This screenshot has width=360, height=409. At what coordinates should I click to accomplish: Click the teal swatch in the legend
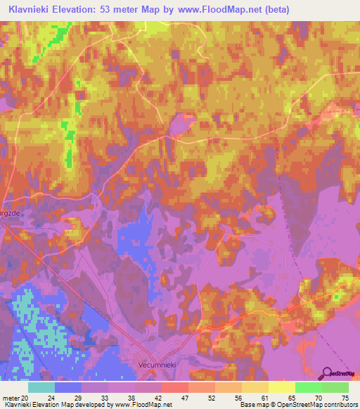click(x=41, y=387)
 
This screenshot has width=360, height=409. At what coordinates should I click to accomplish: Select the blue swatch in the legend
click(x=68, y=387)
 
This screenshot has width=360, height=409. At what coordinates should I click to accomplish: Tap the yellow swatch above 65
click(x=281, y=387)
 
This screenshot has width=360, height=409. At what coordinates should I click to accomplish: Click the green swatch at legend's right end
click(x=335, y=387)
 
